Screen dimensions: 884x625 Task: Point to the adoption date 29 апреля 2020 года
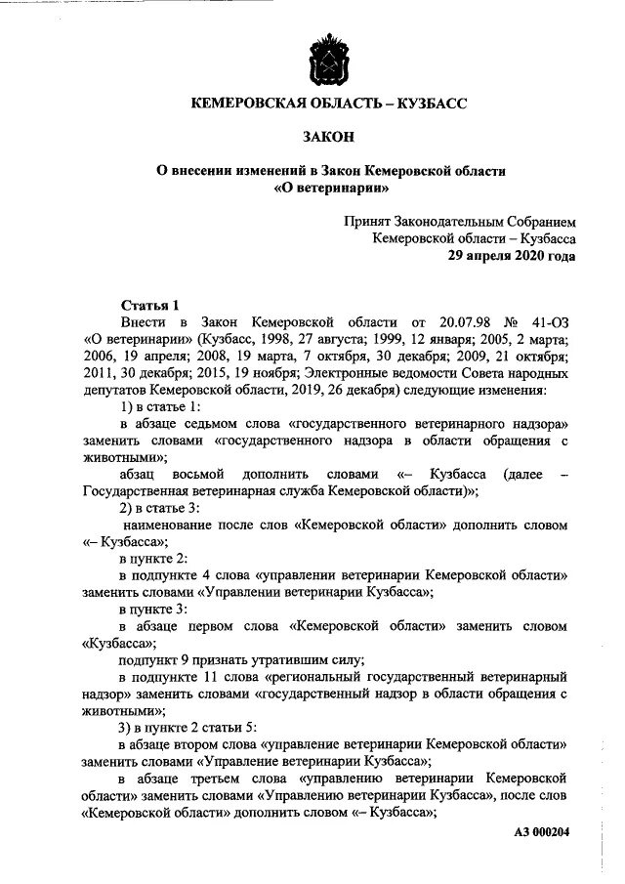(x=511, y=256)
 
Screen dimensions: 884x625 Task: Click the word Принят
(x=366, y=221)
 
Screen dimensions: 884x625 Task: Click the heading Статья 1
(x=149, y=306)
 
